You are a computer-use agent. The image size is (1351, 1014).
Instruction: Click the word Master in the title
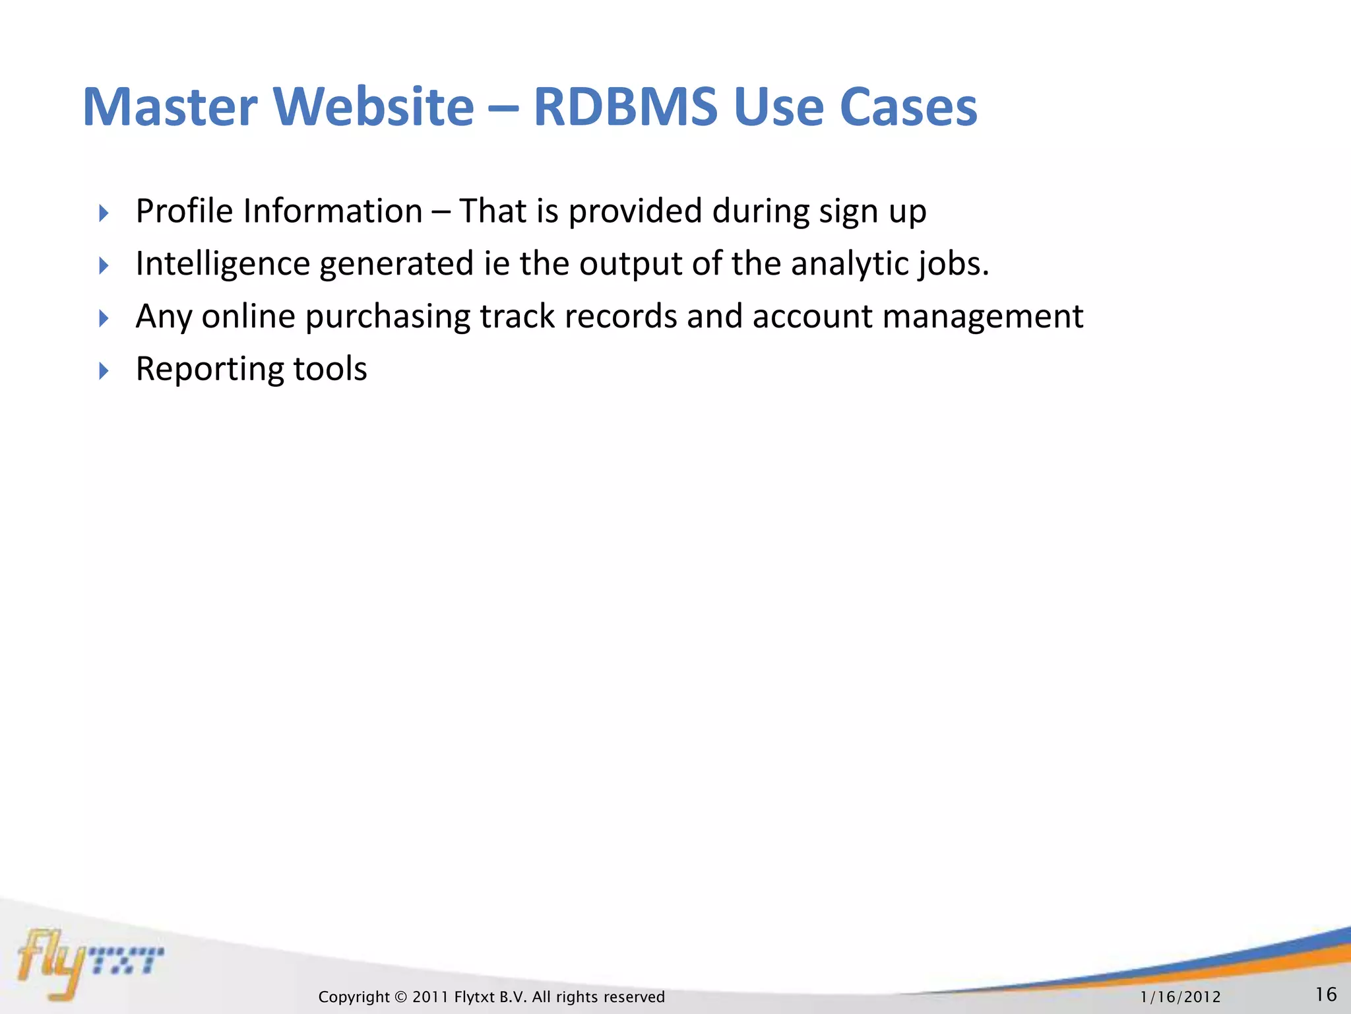point(170,107)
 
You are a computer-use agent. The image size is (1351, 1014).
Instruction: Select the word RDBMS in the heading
point(625,107)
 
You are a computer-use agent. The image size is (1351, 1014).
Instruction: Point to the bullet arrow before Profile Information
point(104,213)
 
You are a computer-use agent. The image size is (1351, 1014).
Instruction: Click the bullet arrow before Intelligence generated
point(104,266)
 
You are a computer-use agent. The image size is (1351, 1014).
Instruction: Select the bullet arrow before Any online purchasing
point(104,319)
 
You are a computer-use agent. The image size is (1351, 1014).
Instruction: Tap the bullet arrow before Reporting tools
point(104,371)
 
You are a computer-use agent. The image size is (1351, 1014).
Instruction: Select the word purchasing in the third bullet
point(387,317)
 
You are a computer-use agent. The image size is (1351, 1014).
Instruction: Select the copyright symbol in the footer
point(401,997)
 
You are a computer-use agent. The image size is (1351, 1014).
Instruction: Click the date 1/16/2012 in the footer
point(1180,997)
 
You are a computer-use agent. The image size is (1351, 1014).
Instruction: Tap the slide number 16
point(1326,994)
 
